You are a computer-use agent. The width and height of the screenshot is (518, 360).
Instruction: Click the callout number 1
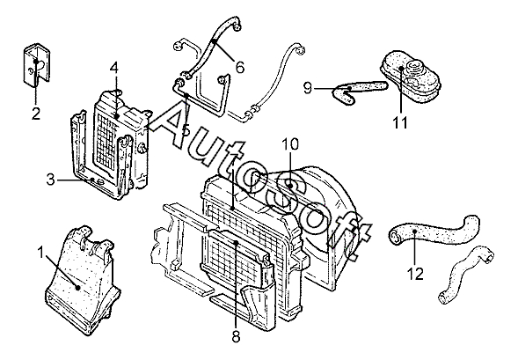pyautogui.click(x=40, y=253)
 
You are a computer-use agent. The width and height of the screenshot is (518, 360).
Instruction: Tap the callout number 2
pyautogui.click(x=36, y=114)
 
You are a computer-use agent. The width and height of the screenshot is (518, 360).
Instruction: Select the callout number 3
pyautogui.click(x=50, y=180)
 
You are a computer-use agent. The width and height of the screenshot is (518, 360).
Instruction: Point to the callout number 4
pyautogui.click(x=114, y=68)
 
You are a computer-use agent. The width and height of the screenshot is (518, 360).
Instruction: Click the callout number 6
pyautogui.click(x=240, y=68)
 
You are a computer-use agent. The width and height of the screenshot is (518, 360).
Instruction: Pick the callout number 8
pyautogui.click(x=236, y=337)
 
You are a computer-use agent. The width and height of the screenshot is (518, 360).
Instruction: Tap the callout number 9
pyautogui.click(x=308, y=88)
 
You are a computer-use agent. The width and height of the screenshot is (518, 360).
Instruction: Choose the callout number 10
pyautogui.click(x=290, y=144)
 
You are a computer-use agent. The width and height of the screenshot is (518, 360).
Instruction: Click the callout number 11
pyautogui.click(x=400, y=123)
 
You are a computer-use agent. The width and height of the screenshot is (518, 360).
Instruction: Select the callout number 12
pyautogui.click(x=415, y=274)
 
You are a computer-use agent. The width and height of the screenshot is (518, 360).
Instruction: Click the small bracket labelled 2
pyautogui.click(x=37, y=65)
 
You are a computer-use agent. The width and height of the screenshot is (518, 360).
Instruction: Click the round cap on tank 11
pyautogui.click(x=415, y=66)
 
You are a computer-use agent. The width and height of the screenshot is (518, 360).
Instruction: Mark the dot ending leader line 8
pyautogui.click(x=236, y=243)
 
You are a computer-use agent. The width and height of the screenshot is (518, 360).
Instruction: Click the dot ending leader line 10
pyautogui.click(x=290, y=186)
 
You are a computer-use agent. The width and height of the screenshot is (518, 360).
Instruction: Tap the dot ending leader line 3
pyautogui.click(x=93, y=180)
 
